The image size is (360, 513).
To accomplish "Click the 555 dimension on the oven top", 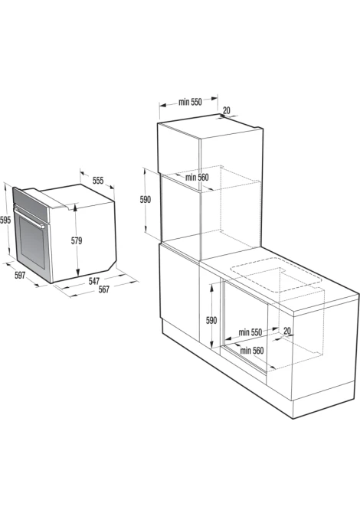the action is [x=98, y=180].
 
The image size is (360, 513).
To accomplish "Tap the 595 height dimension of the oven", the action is [x=5, y=221].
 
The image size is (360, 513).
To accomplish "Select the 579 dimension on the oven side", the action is [x=77, y=240].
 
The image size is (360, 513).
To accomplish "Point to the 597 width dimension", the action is [x=20, y=276].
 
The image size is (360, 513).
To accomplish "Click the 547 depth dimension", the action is [x=93, y=281].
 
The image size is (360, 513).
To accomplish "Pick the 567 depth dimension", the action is [x=104, y=289].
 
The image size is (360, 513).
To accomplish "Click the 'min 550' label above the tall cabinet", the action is [x=190, y=102].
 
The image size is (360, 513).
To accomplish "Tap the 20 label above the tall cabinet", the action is [x=227, y=110].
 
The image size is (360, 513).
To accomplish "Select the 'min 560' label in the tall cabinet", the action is [x=197, y=178].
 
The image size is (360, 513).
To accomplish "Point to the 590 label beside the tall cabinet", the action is [x=146, y=199].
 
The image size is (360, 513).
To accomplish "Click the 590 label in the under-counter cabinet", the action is [x=211, y=320].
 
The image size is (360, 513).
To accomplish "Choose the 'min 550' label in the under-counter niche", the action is [x=250, y=332].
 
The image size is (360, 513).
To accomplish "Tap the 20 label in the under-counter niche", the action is [x=287, y=331].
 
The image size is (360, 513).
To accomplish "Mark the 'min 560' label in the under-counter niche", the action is [x=252, y=351].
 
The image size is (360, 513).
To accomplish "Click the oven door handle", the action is [x=29, y=216].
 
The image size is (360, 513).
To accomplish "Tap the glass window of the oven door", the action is [x=32, y=243].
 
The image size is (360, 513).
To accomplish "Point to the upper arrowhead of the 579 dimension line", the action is [x=76, y=206].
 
